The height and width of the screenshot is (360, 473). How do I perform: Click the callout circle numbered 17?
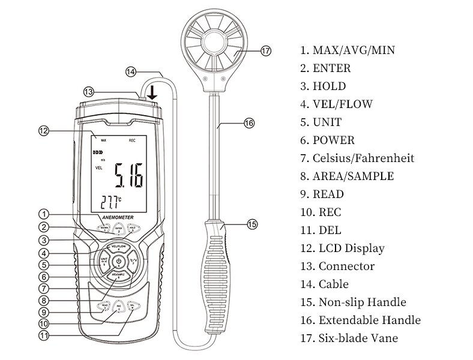267,51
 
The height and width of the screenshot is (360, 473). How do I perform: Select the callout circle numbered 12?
43,130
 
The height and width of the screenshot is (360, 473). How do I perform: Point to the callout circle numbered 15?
252,224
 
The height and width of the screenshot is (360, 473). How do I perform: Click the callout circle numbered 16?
249,123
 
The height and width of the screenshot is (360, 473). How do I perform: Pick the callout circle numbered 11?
43,335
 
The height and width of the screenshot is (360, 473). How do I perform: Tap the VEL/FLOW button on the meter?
118,247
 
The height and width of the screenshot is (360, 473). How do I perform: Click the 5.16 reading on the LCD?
129,177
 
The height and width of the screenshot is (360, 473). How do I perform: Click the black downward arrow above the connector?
152,92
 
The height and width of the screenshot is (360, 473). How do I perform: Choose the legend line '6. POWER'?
328,140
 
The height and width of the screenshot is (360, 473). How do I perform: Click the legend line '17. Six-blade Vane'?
349,338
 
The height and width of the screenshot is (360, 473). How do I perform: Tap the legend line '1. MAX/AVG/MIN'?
348,50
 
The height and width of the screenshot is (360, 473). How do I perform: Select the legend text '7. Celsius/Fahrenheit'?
358,158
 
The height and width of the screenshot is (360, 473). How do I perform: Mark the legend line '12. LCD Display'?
343,248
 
